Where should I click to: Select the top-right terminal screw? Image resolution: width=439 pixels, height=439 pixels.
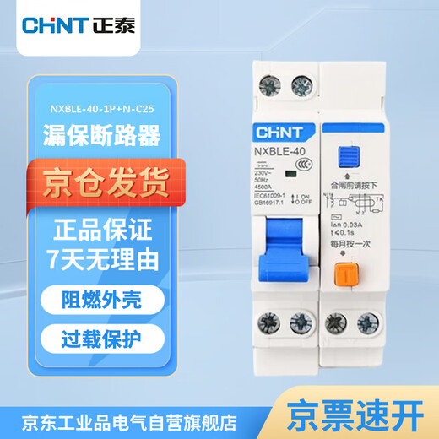click(x=301, y=85)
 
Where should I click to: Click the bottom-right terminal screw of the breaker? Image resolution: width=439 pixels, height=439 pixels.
click(x=368, y=323)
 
